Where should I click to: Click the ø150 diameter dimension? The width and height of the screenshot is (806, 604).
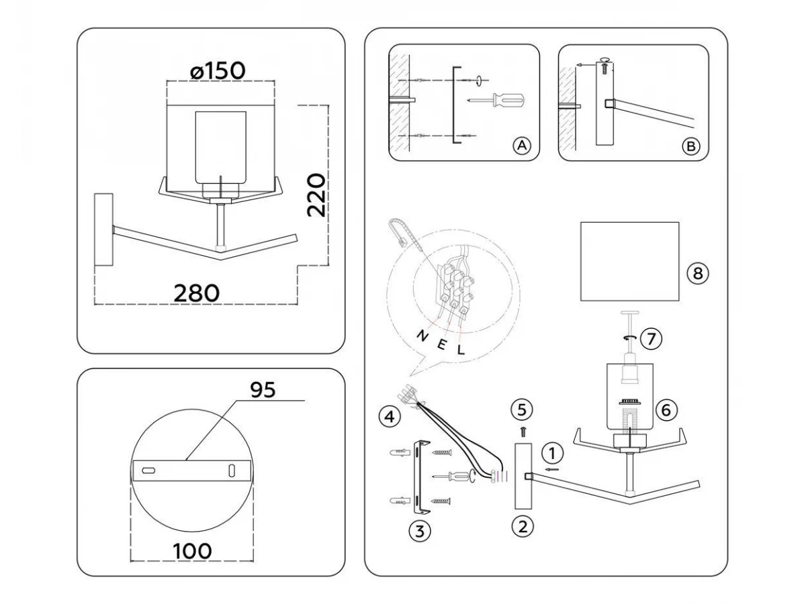(218, 70)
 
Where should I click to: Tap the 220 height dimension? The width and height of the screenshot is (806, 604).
(316, 195)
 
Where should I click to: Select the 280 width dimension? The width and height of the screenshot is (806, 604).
(196, 293)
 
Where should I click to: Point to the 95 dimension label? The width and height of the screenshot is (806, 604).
(263, 390)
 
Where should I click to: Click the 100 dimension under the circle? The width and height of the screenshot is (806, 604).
(192, 551)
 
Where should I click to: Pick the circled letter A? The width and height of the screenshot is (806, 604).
(522, 146)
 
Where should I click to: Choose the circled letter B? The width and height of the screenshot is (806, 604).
(690, 146)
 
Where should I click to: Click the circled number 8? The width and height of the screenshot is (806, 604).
(697, 273)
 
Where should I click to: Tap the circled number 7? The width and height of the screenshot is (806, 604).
(651, 338)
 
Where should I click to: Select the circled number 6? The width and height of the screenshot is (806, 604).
(666, 409)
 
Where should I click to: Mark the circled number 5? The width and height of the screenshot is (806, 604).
(522, 409)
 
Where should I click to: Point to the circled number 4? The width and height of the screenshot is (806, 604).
(390, 417)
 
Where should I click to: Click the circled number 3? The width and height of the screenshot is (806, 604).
(420, 531)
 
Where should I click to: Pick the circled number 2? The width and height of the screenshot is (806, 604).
(522, 527)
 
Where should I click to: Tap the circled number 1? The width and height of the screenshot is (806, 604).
(552, 453)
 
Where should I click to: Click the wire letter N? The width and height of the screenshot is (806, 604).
(422, 335)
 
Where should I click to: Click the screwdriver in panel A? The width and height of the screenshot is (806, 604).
(497, 100)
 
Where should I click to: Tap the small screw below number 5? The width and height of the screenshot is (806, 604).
(523, 432)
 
